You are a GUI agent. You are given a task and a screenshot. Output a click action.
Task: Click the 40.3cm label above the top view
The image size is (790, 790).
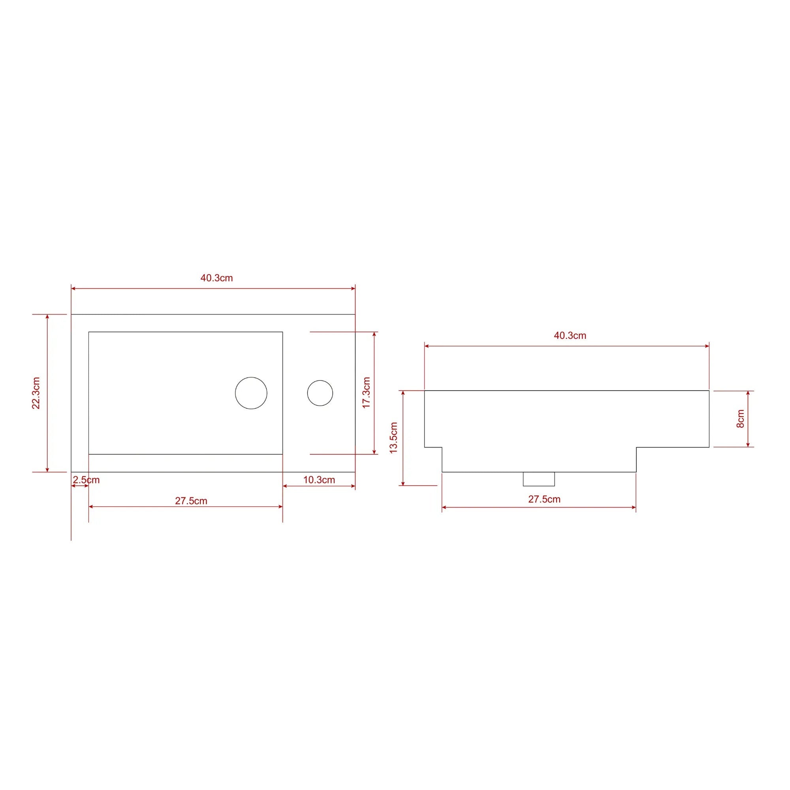[x=216, y=278]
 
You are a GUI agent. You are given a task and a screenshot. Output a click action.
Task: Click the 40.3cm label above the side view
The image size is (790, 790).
[x=570, y=336]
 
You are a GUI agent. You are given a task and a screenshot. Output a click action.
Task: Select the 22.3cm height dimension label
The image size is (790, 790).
[x=36, y=393]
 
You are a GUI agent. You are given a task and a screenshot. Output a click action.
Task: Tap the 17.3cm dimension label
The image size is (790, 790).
[x=367, y=393]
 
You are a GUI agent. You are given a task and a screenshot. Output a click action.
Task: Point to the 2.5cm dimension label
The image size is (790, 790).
[x=86, y=480]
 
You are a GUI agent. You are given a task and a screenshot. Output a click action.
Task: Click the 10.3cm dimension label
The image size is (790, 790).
[x=319, y=480]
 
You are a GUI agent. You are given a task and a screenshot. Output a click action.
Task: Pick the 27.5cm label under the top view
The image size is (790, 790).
[x=191, y=501]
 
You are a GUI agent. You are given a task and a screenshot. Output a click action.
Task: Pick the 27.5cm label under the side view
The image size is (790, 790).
[x=544, y=499]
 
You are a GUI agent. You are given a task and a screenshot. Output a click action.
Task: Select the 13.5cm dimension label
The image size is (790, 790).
[x=393, y=438]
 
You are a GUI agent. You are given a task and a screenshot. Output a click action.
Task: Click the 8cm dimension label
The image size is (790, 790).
[x=740, y=419]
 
